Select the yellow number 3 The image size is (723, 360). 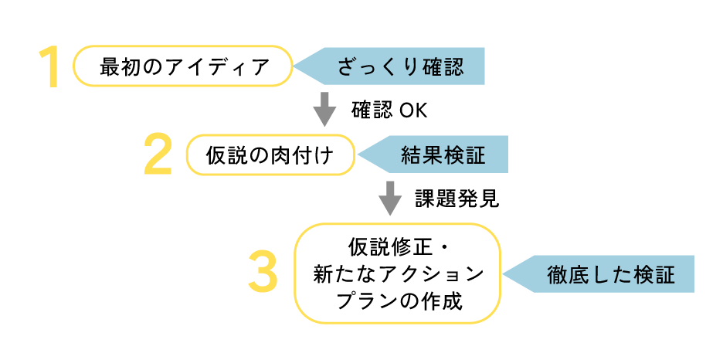click(263, 273)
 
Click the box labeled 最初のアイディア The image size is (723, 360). click(183, 67)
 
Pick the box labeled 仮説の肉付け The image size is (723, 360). click(270, 155)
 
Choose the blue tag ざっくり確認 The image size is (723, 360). click(399, 66)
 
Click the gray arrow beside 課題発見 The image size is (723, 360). click(389, 198)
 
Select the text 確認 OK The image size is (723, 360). click(389, 110)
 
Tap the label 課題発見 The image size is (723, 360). click(457, 199)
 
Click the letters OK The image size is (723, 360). click(413, 110)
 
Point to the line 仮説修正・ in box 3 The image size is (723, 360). click(398, 249)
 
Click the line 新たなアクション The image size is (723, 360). click(398, 274)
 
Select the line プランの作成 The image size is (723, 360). click(398, 301)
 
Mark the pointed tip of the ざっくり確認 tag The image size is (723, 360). click(294, 66)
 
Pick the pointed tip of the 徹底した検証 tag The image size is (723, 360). click(504, 273)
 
